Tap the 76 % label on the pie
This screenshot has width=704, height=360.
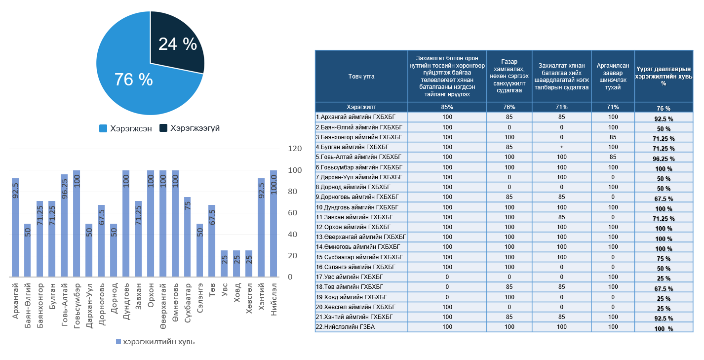[133, 80]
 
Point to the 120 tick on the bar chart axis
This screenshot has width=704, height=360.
[294, 149]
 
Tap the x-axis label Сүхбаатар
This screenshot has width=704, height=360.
[188, 302]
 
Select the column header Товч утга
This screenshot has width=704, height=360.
[361, 77]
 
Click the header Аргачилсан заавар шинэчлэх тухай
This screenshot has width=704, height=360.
[613, 77]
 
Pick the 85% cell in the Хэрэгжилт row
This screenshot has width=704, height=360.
[447, 107]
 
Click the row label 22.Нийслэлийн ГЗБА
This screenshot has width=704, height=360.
[345, 327]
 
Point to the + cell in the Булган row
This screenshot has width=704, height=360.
[561, 147]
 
